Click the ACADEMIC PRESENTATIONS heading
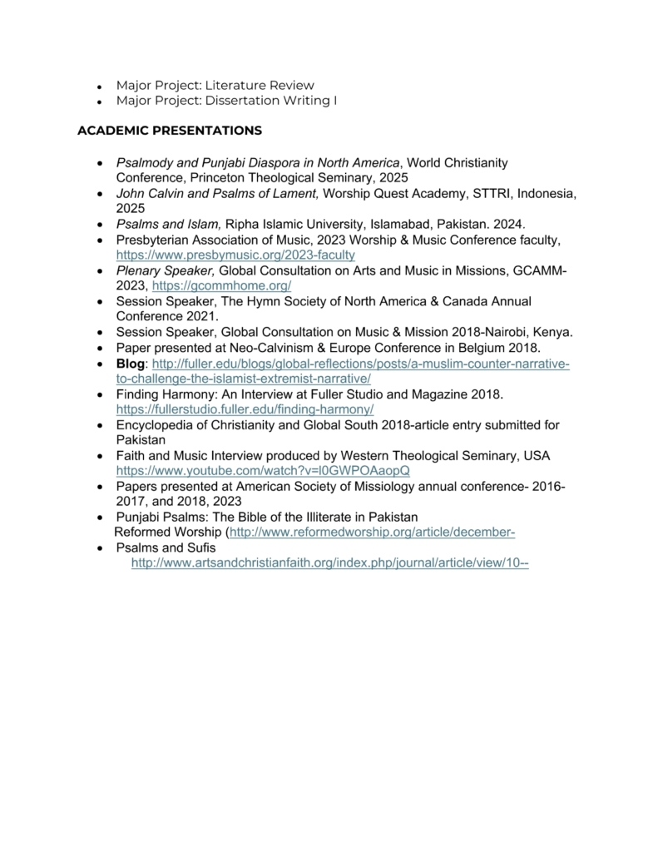(170, 131)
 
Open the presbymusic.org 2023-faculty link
(235, 255)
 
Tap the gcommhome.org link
(221, 285)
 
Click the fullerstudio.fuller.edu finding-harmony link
(245, 409)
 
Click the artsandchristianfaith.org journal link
(330, 563)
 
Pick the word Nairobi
(496, 332)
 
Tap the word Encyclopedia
(156, 425)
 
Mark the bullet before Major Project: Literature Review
(99, 86)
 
